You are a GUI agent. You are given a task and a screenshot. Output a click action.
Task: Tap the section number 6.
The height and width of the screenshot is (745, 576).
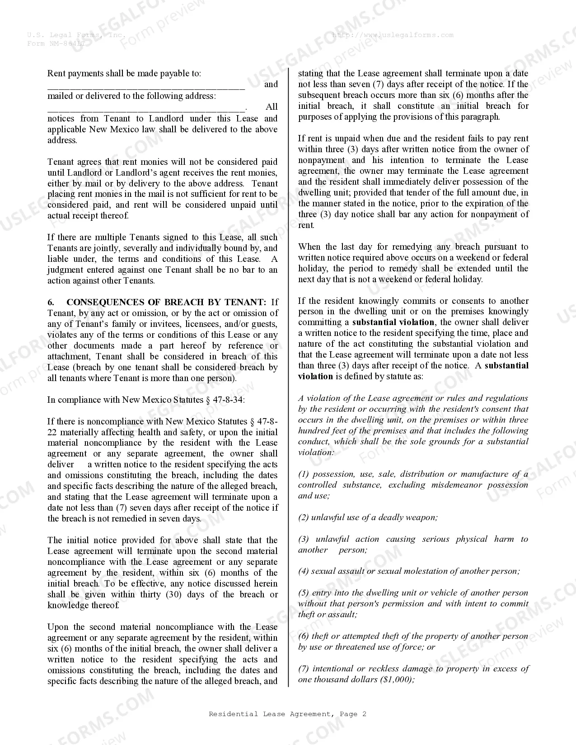[x=51, y=302]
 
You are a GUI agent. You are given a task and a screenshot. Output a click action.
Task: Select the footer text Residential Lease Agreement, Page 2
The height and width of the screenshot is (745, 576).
[x=287, y=714]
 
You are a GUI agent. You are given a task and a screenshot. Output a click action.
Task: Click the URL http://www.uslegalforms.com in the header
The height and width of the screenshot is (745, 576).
[x=393, y=35]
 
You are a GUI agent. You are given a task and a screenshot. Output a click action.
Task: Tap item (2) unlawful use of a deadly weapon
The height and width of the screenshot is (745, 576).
[x=368, y=517]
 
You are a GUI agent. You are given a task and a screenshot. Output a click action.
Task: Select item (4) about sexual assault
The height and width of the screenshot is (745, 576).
[x=408, y=571]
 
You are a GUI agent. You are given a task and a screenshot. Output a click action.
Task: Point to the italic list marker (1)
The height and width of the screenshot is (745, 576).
[x=304, y=474]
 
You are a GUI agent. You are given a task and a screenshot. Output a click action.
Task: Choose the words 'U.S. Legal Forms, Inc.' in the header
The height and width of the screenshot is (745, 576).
[x=76, y=35]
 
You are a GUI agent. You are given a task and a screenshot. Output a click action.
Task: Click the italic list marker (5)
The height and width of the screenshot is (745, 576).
[x=304, y=593]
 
